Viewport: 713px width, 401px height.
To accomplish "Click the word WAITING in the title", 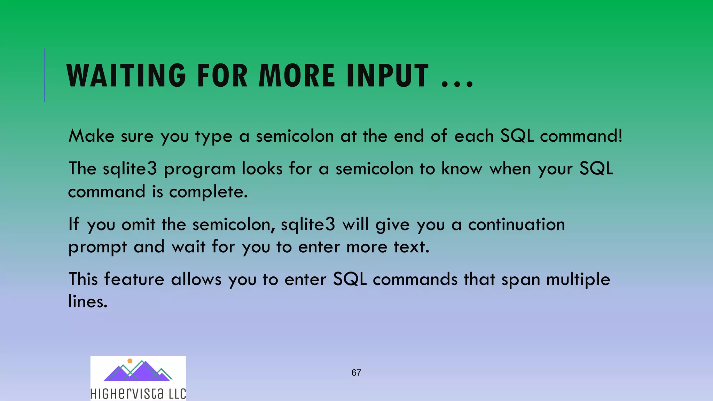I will coord(126,76).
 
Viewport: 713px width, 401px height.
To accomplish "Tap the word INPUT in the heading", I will coord(387,76).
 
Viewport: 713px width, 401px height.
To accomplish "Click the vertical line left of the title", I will coord(45,75).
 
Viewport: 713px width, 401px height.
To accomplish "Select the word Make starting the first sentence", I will coord(91,136).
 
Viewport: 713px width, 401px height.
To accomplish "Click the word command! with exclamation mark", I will coord(581,136).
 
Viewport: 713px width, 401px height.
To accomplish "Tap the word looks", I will coord(262,168).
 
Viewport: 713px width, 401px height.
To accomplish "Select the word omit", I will coord(138,224).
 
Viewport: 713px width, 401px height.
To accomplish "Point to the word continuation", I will coord(516,224).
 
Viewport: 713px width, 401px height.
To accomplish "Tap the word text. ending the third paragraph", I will coord(412,247).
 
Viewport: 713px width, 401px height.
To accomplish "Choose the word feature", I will coord(134,279).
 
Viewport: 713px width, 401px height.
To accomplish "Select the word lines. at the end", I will coord(88,301).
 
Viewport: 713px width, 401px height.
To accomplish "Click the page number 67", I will coord(356,373).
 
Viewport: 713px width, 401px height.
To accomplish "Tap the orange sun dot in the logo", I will coord(130,361).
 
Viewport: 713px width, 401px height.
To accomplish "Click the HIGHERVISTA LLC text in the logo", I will coord(138,394).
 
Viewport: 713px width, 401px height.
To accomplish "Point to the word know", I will coord(462,168).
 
